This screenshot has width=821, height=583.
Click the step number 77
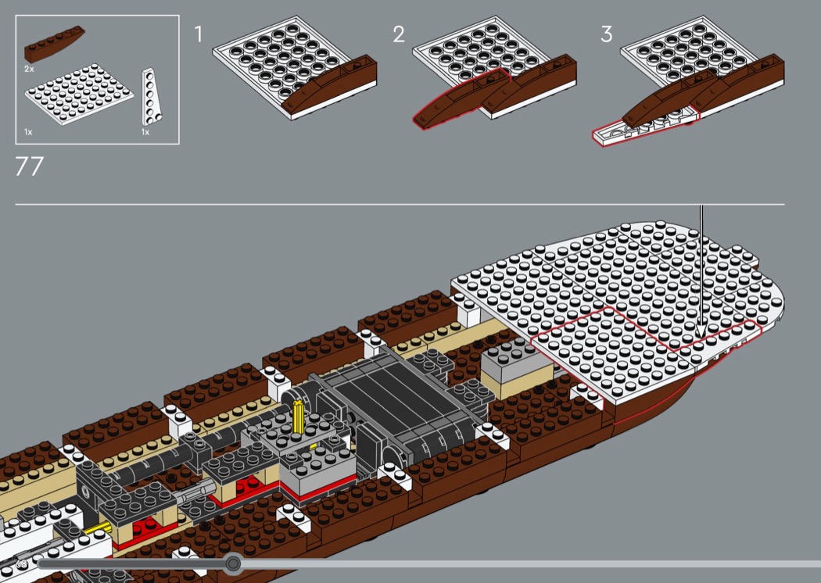pyautogui.click(x=29, y=166)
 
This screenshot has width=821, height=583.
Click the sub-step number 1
pyautogui.click(x=199, y=34)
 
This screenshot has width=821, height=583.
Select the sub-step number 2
pyautogui.click(x=400, y=34)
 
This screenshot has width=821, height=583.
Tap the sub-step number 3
pyautogui.click(x=606, y=34)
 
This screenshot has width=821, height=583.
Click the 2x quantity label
pyautogui.click(x=29, y=70)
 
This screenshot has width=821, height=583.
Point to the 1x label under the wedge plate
pyautogui.click(x=145, y=132)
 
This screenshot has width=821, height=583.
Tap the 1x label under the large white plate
pyautogui.click(x=29, y=132)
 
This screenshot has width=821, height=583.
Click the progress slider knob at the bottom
pyautogui.click(x=233, y=563)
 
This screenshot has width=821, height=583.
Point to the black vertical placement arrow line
pyautogui.click(x=701, y=266)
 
